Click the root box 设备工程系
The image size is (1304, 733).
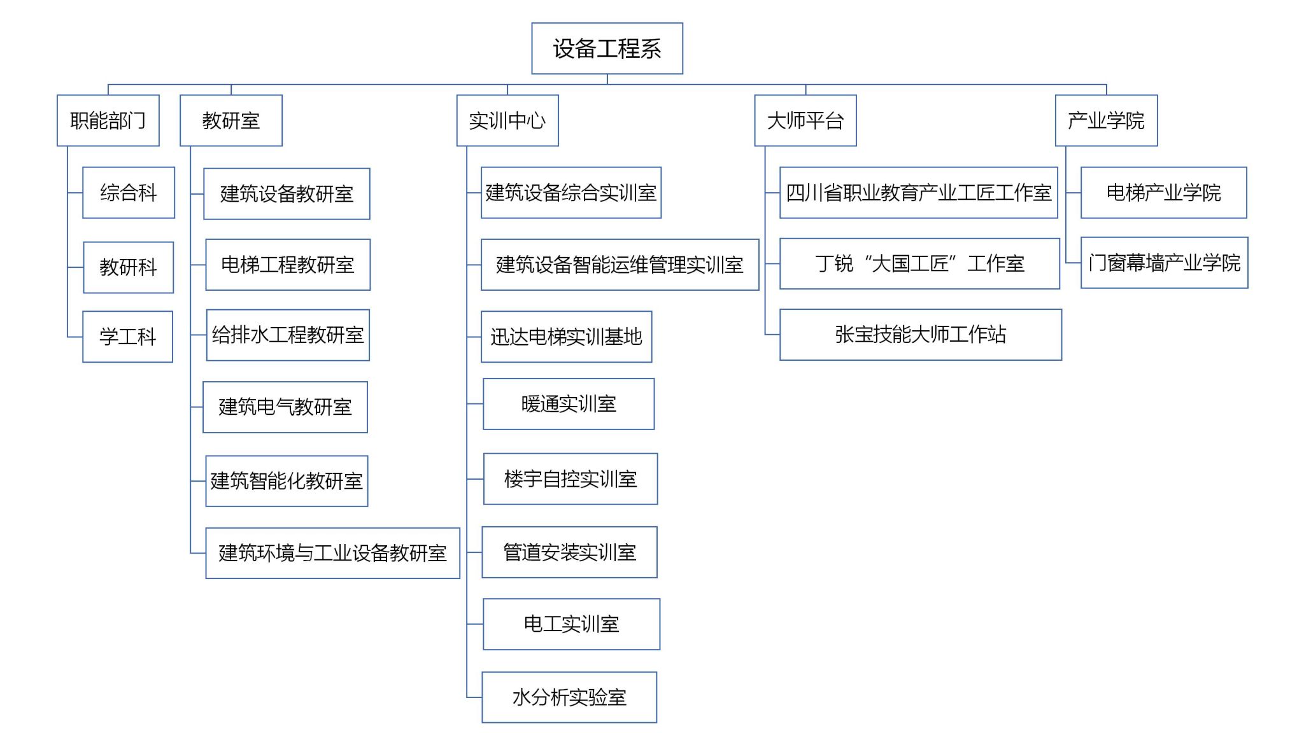[x=607, y=48]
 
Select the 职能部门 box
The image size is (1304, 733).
[x=108, y=120]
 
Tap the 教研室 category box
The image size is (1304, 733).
[x=231, y=120]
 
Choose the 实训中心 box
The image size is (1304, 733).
[x=507, y=120]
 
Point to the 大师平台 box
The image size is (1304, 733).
[x=805, y=120]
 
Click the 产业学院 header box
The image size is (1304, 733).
[x=1106, y=120]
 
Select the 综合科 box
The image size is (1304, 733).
[x=129, y=193]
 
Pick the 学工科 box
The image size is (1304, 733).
[x=128, y=337]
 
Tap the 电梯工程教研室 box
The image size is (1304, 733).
[x=288, y=265]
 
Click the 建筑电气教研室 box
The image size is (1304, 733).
[x=285, y=407]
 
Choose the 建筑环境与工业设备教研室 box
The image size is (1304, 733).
[x=332, y=553]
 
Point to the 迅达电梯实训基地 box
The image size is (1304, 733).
[x=567, y=337]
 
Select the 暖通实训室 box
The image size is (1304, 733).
[x=569, y=404]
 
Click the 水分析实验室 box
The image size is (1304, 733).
[x=569, y=697]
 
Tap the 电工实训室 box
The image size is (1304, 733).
[x=572, y=624]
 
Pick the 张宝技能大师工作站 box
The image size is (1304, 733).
[x=921, y=335]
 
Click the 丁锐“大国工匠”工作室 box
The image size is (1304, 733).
[x=919, y=263]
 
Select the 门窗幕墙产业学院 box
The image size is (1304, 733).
[x=1165, y=263]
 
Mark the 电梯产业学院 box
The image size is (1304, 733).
[x=1164, y=193]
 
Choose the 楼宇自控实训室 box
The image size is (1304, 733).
[x=570, y=479]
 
